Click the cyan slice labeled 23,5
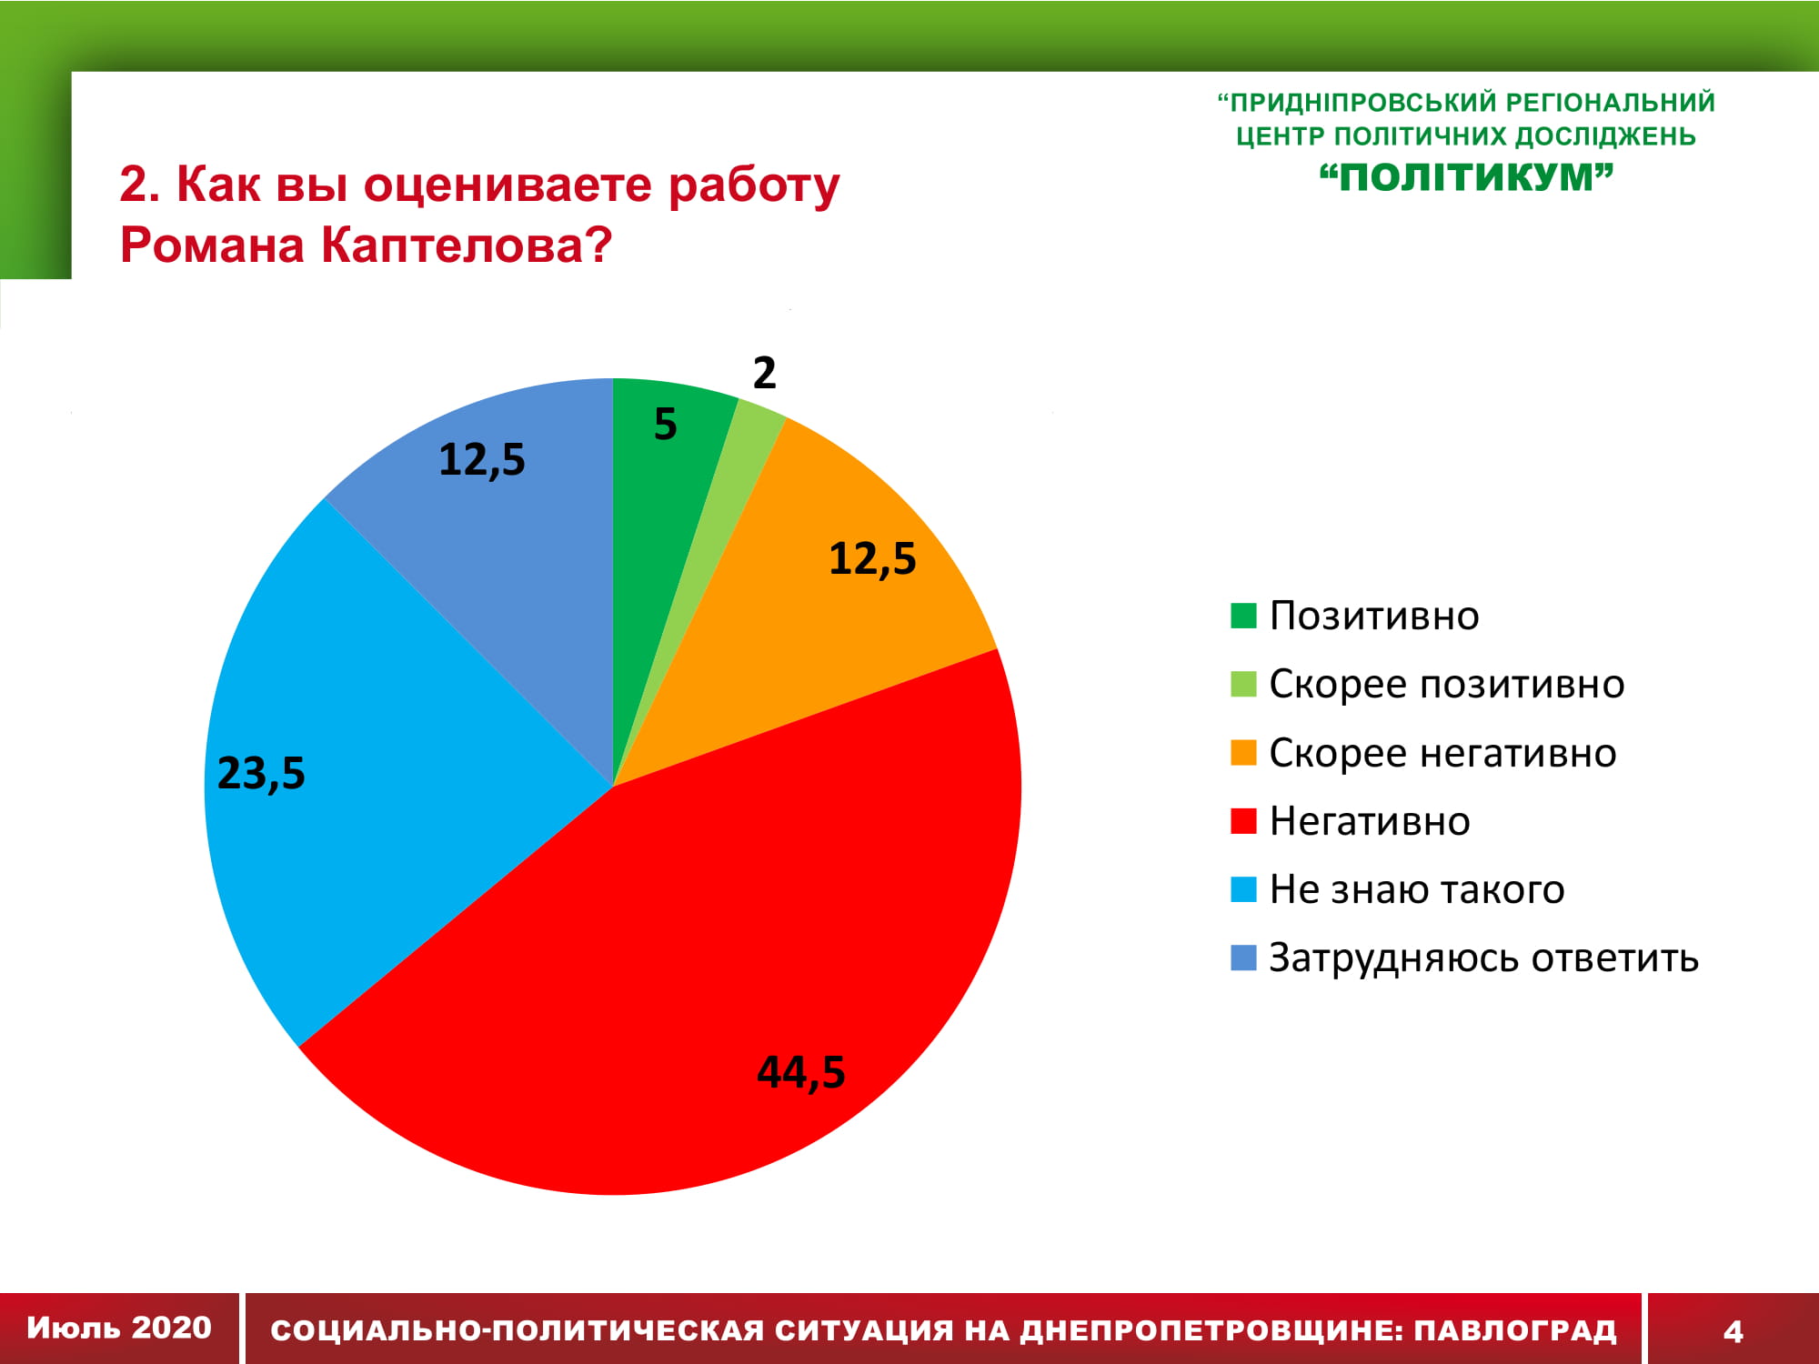[x=364, y=782]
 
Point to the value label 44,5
[x=801, y=1072]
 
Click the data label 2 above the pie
[x=764, y=373]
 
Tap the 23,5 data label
[x=261, y=773]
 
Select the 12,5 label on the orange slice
[x=872, y=558]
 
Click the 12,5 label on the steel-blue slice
[x=482, y=459]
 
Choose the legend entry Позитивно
[x=1355, y=616]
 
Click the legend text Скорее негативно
[x=1442, y=753]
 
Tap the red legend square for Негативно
[x=1243, y=821]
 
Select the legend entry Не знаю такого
[x=1397, y=889]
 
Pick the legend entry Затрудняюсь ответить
[x=1464, y=958]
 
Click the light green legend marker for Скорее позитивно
[x=1243, y=684]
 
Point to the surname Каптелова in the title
[x=467, y=245]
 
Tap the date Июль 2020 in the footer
[x=119, y=1328]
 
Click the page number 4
[x=1734, y=1331]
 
